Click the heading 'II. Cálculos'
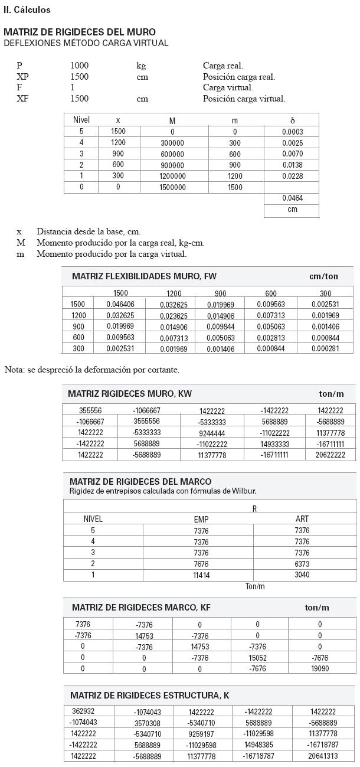pyautogui.click(x=27, y=10)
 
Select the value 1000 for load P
pyautogui.click(x=80, y=66)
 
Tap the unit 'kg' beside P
pyautogui.click(x=141, y=66)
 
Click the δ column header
pyautogui.click(x=293, y=120)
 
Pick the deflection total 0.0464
pyautogui.click(x=292, y=198)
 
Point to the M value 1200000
pyautogui.click(x=172, y=176)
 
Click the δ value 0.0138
pyautogui.click(x=292, y=165)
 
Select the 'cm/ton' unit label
pyautogui.click(x=324, y=276)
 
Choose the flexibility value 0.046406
pyautogui.click(x=120, y=305)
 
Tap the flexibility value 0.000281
pyautogui.click(x=326, y=348)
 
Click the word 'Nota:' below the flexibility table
pyautogui.click(x=15, y=370)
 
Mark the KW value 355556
pyautogui.click(x=91, y=410)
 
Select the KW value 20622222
pyautogui.click(x=330, y=455)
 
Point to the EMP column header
pyautogui.click(x=201, y=520)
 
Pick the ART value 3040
pyautogui.click(x=302, y=575)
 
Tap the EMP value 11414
pyautogui.click(x=201, y=575)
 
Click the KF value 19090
pyautogui.click(x=320, y=669)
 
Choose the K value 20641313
pyautogui.click(x=323, y=756)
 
